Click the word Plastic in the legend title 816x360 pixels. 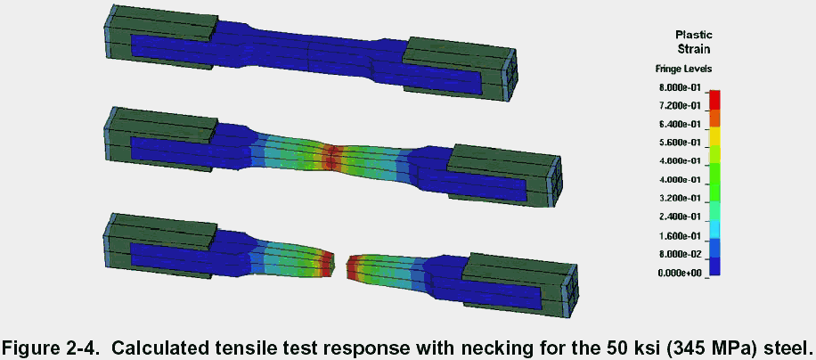[694, 36]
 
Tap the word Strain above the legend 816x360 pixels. [694, 49]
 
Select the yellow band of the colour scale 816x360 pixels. [714, 137]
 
